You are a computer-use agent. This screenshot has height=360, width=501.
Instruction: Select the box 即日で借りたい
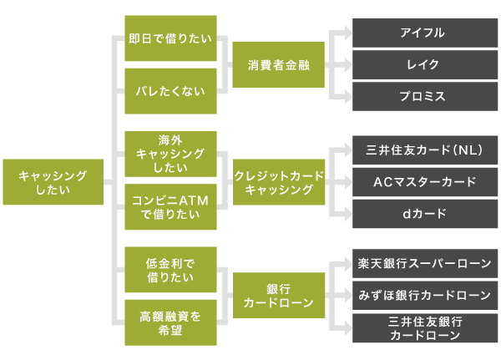tap(170, 38)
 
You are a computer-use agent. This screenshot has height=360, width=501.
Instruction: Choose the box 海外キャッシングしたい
tap(170, 154)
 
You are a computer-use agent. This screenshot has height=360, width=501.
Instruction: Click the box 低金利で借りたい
tap(170, 270)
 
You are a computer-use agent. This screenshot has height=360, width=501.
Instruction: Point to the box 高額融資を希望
tap(170, 322)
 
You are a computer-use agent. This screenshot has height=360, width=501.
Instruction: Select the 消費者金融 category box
tap(278, 65)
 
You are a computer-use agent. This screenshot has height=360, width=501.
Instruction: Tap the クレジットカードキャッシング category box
tap(278, 181)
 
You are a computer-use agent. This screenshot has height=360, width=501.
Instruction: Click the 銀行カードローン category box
tap(278, 296)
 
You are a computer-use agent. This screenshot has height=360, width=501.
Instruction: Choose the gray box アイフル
tap(424, 33)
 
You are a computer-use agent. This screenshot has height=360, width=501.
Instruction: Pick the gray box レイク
tap(424, 64)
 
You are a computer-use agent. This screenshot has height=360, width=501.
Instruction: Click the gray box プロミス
tap(424, 96)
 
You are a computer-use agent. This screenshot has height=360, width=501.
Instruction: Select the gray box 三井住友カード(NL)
tap(424, 150)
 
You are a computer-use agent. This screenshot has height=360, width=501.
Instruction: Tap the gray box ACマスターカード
tap(424, 181)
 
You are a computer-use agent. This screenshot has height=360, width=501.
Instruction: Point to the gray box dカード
tap(424, 214)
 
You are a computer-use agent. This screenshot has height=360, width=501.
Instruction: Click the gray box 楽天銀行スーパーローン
tap(424, 263)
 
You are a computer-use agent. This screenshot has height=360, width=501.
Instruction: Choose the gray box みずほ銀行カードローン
tap(424, 295)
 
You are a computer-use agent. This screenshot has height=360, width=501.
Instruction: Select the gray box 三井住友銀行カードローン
tap(424, 328)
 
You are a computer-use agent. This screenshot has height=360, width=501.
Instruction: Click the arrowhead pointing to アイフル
tap(345, 33)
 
